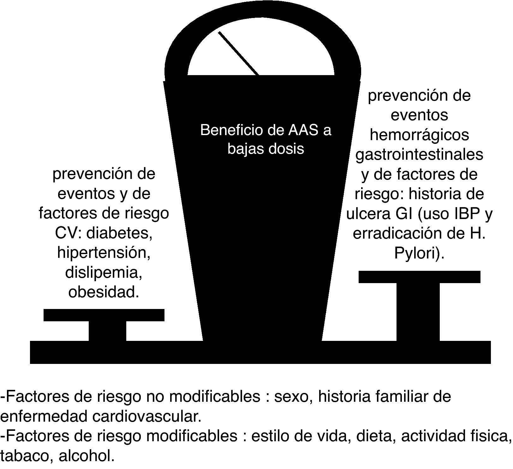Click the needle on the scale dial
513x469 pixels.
(238, 53)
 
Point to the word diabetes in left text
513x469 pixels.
(119, 233)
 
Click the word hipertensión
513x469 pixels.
(104, 253)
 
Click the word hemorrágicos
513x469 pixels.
(419, 135)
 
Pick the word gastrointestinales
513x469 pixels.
(419, 155)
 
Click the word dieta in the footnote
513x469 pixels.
(375, 436)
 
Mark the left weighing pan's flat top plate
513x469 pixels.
(104, 315)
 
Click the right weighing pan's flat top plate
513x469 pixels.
(419, 277)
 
